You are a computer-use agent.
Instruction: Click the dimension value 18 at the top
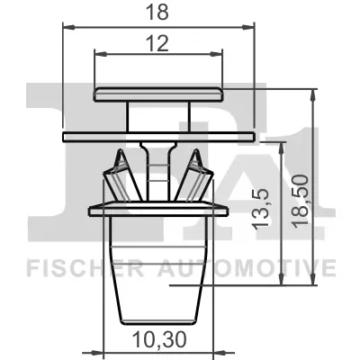(160, 13)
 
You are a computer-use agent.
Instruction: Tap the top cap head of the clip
(160, 93)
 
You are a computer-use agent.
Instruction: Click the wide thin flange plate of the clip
(160, 136)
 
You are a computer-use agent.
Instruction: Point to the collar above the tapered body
(158, 212)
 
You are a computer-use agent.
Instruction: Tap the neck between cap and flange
(160, 115)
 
